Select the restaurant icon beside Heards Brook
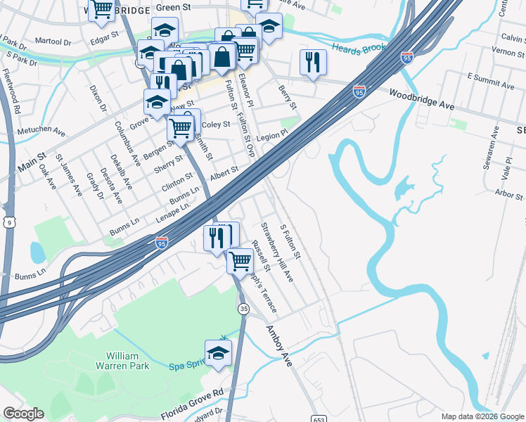[x=313, y=62]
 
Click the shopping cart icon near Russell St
[x=240, y=261]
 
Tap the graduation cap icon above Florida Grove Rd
[x=218, y=352]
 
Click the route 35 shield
[x=244, y=309]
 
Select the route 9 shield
[x=8, y=222]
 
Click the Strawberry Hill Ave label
[x=277, y=253]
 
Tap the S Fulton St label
[x=290, y=241]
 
